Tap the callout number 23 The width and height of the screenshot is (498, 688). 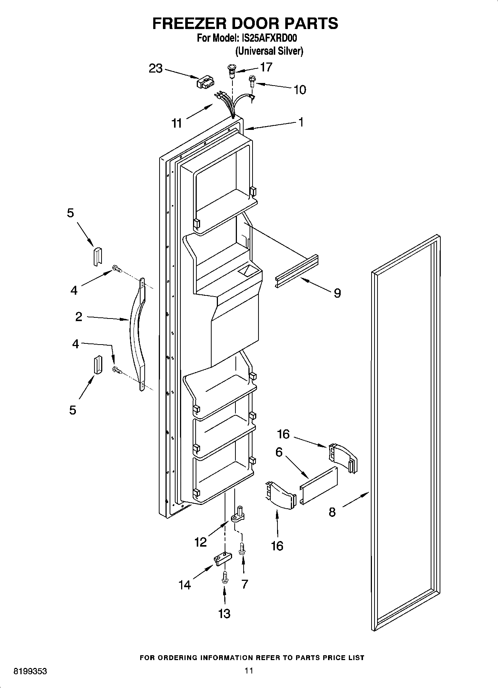156,68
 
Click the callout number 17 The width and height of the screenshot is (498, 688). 266,67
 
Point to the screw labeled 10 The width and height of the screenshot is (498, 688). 252,80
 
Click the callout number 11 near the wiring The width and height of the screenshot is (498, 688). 177,123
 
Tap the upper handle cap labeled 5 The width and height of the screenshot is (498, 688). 97,256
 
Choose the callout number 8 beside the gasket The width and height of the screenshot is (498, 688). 332,512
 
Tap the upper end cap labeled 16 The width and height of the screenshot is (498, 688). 342,458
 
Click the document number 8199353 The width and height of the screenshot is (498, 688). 30,671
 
